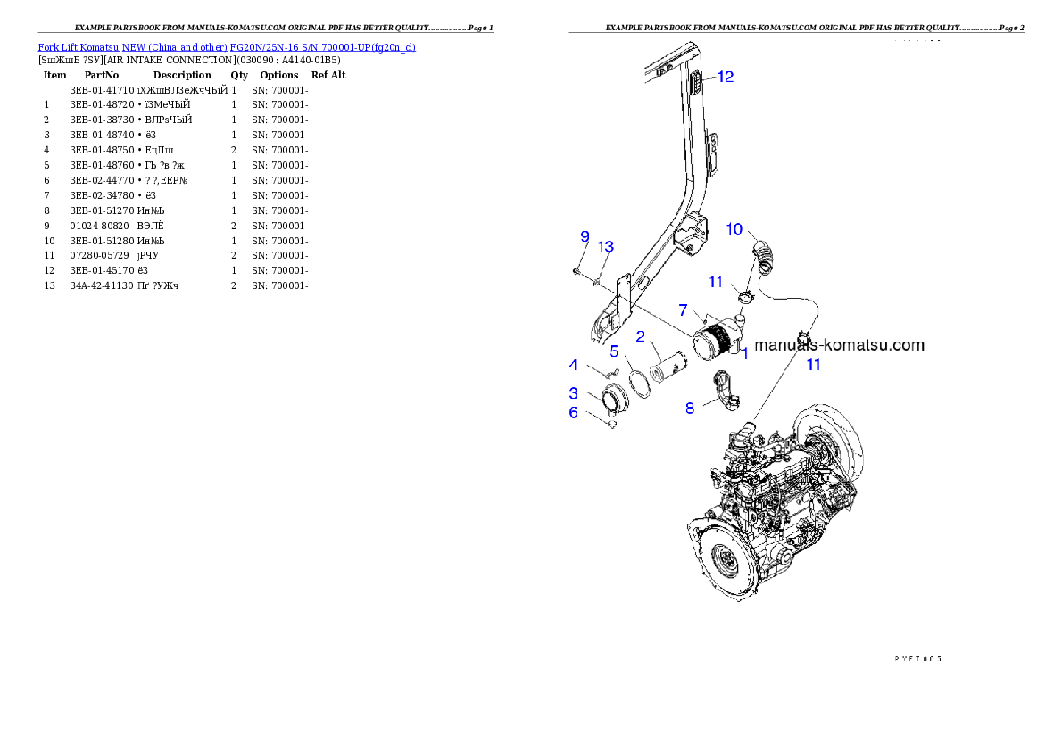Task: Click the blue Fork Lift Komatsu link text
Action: (x=226, y=47)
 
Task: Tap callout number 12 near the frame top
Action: (x=725, y=78)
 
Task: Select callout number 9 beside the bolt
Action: (x=585, y=236)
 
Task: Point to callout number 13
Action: (x=606, y=246)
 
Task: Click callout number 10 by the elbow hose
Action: (x=734, y=229)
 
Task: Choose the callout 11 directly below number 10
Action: (x=716, y=282)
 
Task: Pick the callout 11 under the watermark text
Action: (x=813, y=364)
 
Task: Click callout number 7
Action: (x=683, y=310)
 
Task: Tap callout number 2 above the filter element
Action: (x=641, y=336)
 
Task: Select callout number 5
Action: (x=614, y=351)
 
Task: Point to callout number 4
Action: (x=574, y=365)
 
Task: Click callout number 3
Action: (x=574, y=392)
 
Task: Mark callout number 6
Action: (x=574, y=412)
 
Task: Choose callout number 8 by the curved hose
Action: (x=690, y=408)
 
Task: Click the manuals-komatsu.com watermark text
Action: (x=839, y=345)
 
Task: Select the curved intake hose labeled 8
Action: (x=724, y=392)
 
